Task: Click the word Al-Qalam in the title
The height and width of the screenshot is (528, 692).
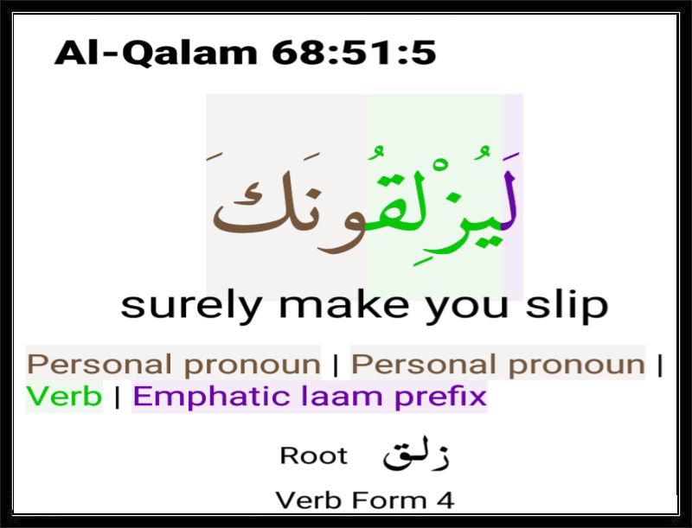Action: point(156,53)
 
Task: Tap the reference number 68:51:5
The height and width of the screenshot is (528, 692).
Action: point(354,53)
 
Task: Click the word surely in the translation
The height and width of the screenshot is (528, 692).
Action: point(191,306)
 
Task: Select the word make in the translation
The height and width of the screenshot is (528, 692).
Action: point(344,304)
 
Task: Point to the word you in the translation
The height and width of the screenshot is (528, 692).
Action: point(467,307)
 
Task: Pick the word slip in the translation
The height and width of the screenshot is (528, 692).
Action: point(567,305)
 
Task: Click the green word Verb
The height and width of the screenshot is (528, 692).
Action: point(64,396)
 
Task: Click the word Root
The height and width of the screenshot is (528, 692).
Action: point(314,455)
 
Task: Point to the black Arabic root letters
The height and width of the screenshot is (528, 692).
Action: point(416,455)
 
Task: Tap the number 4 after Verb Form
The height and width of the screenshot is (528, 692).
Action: point(445,500)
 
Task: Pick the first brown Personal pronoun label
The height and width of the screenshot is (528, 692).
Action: point(174,365)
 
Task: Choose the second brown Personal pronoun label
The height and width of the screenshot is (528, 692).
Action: point(498,365)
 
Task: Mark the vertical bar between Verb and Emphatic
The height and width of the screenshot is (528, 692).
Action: point(117,397)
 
